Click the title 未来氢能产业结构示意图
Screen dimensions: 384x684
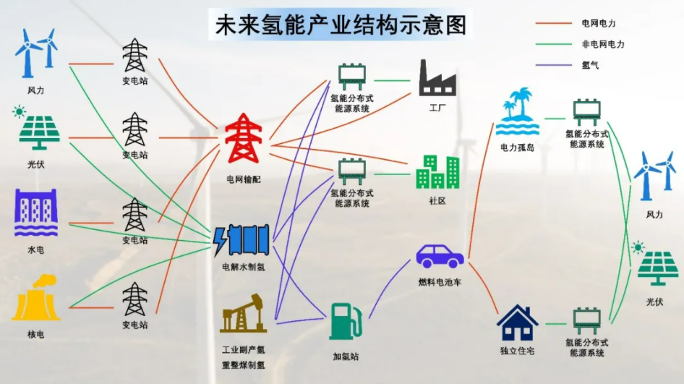(x=341, y=25)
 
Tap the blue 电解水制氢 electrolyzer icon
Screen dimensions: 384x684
(x=241, y=240)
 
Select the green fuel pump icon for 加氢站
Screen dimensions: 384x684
(x=345, y=321)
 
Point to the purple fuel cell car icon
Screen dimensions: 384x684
(x=440, y=255)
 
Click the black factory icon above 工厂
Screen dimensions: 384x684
(x=437, y=78)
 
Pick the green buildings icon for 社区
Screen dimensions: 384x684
(x=437, y=172)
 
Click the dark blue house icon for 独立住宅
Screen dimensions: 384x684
(x=518, y=323)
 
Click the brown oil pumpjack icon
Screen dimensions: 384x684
(x=243, y=314)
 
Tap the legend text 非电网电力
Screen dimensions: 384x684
(x=602, y=44)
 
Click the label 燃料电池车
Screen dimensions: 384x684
(x=440, y=282)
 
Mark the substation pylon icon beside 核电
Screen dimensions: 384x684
(x=134, y=299)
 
